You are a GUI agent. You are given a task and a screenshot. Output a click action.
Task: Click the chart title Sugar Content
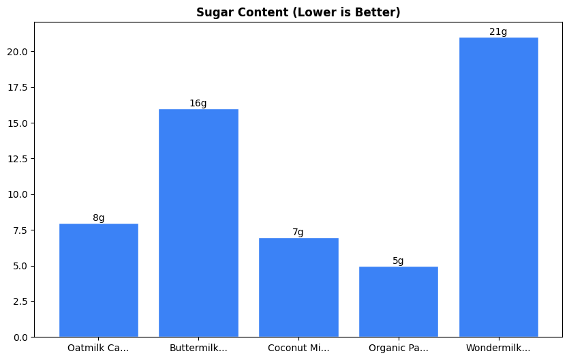(x=298, y=12)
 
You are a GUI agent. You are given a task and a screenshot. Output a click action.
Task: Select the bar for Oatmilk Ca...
(x=99, y=280)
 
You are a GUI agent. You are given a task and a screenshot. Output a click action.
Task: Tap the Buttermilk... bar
(x=198, y=223)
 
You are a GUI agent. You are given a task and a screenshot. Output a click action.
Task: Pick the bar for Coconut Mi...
(x=298, y=287)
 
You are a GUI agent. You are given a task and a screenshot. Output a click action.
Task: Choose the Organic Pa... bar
(x=398, y=301)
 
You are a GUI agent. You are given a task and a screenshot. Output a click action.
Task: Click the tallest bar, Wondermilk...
(x=498, y=187)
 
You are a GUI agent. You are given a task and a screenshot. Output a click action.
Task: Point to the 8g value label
(x=99, y=218)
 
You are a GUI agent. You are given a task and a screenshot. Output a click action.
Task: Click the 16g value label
(x=198, y=104)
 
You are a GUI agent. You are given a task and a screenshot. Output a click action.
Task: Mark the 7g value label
(x=298, y=232)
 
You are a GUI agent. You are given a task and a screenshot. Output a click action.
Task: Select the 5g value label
(x=398, y=261)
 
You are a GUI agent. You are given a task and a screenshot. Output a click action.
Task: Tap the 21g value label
(x=498, y=32)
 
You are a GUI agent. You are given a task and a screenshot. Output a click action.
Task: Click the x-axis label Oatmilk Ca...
(x=98, y=348)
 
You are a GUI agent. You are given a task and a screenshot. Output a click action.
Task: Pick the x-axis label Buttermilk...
(x=198, y=348)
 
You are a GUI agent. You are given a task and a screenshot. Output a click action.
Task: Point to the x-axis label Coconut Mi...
(x=298, y=348)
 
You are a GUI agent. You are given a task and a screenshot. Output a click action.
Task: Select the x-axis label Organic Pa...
(x=399, y=348)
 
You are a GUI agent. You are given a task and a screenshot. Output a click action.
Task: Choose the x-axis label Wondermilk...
(x=498, y=348)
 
